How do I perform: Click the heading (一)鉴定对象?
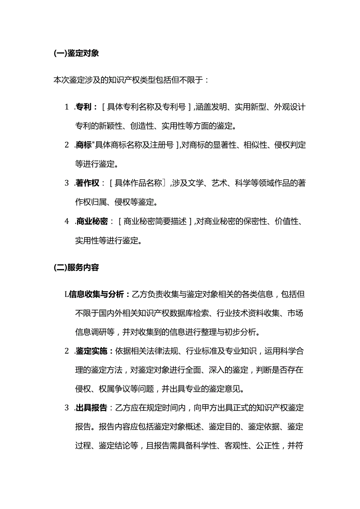76,54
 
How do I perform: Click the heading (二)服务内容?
76,268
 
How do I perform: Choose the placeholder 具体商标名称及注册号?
135,145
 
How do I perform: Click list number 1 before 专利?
67,107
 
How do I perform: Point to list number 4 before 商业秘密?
67,221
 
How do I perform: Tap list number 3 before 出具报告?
67,408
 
